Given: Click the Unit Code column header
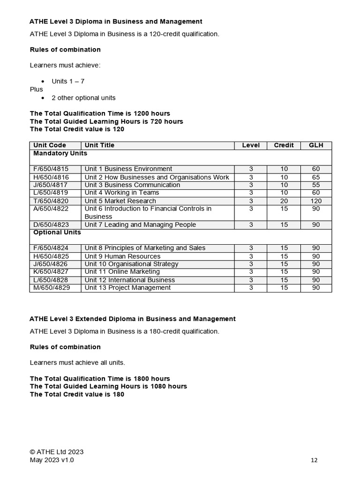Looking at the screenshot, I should (x=50, y=145).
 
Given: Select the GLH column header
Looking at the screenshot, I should (x=316, y=145).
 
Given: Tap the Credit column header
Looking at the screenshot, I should (x=284, y=145).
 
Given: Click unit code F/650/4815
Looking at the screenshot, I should (x=51, y=169).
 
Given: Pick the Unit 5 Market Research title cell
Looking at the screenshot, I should (x=120, y=201).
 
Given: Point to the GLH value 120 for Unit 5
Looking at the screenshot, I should (x=316, y=201).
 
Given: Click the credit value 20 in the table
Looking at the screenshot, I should (x=284, y=201).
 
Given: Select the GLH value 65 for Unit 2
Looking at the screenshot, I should (x=316, y=177).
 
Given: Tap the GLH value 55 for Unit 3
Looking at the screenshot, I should (x=316, y=185).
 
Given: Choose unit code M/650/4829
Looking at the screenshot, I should (x=52, y=287).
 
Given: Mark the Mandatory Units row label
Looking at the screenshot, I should (x=60, y=153).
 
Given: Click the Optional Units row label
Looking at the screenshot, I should (x=57, y=232).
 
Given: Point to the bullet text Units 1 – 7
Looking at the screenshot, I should (x=68, y=81).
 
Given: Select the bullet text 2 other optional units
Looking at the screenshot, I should (x=83, y=97).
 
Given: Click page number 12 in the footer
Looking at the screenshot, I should (x=314, y=460).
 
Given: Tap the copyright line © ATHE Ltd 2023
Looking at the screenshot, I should (x=57, y=452).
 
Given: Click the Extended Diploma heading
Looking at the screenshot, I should (x=133, y=319).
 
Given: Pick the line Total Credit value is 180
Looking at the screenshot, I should (x=77, y=394).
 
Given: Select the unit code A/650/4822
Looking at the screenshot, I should (x=51, y=209).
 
